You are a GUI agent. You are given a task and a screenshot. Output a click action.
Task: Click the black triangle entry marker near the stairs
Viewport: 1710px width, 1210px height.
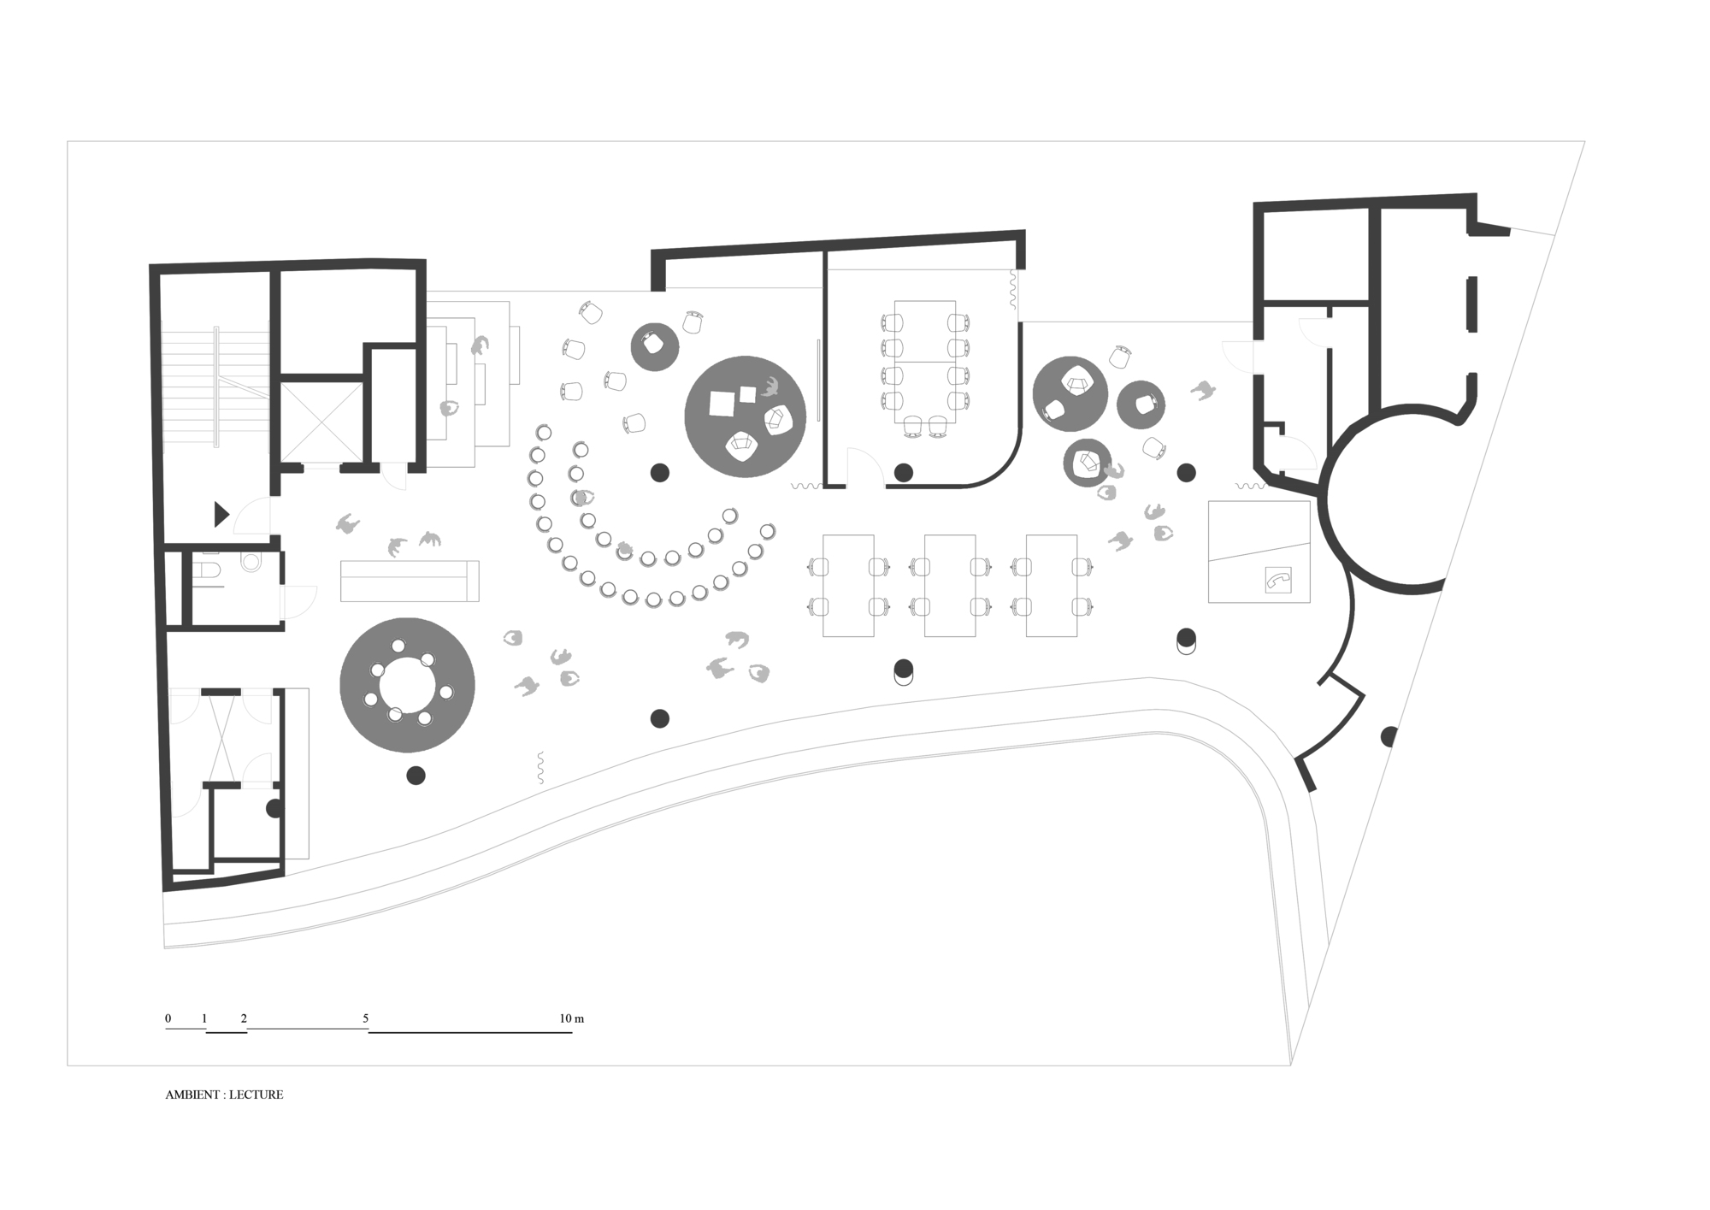[x=221, y=515]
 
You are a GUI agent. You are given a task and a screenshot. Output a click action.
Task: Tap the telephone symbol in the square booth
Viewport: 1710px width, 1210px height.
[x=1277, y=581]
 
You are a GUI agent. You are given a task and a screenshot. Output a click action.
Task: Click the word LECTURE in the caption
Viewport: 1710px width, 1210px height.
[x=256, y=1095]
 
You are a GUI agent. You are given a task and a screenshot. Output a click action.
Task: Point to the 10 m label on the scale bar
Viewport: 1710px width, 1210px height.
[x=572, y=1018]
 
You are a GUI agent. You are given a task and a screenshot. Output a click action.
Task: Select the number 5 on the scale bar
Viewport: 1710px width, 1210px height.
[x=366, y=1018]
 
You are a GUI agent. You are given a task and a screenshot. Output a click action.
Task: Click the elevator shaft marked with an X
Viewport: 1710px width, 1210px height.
[x=321, y=422]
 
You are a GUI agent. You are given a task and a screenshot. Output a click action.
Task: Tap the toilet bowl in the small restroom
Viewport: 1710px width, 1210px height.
[x=251, y=563]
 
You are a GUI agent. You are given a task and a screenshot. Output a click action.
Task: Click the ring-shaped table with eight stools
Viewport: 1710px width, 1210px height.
[x=408, y=685]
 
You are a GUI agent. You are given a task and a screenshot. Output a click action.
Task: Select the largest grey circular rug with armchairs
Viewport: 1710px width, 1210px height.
[x=746, y=416]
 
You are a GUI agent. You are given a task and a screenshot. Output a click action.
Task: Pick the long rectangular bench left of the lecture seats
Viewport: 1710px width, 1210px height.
[x=410, y=581]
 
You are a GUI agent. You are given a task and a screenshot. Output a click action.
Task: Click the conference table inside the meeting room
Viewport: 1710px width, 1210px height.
[x=925, y=361]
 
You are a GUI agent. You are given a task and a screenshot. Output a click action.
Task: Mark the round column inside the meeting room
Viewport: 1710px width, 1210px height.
[x=904, y=472]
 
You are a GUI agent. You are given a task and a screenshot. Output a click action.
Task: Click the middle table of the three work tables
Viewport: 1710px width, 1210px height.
[x=950, y=586]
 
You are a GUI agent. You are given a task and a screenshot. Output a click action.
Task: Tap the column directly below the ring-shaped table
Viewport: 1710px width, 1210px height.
[x=416, y=776]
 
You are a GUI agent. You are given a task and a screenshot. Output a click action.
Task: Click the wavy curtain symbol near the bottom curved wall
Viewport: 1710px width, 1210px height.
[x=540, y=768]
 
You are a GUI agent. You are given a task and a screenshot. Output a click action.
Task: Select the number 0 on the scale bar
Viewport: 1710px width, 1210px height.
[x=168, y=1018]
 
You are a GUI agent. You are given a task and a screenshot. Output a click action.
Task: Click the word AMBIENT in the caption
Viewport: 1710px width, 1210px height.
[x=193, y=1095]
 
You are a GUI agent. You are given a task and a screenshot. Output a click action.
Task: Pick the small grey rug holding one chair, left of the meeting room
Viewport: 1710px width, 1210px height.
[x=655, y=346]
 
